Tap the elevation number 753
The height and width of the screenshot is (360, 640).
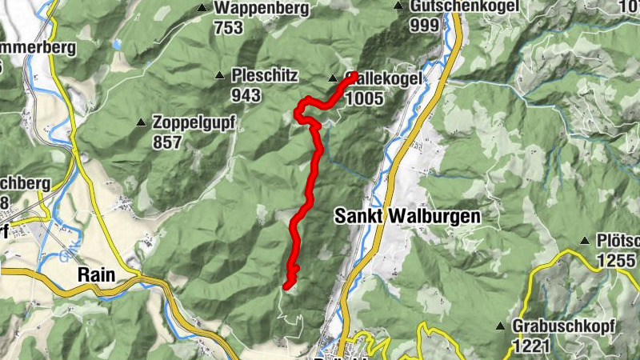click(x=228, y=28)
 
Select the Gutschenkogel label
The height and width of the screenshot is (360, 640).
click(x=463, y=6)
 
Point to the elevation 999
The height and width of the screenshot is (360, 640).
click(x=424, y=26)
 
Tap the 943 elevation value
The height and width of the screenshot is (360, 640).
click(x=246, y=96)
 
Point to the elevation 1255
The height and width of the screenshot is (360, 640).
click(x=616, y=260)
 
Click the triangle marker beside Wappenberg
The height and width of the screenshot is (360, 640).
click(x=202, y=9)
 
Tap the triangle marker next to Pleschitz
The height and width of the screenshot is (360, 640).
click(x=219, y=76)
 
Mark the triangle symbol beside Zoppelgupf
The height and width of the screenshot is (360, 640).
click(x=142, y=123)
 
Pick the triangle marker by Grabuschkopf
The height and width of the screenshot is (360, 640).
click(x=501, y=326)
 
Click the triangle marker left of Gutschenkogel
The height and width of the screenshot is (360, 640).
click(x=398, y=6)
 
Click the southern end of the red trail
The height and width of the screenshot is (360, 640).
click(x=286, y=285)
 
